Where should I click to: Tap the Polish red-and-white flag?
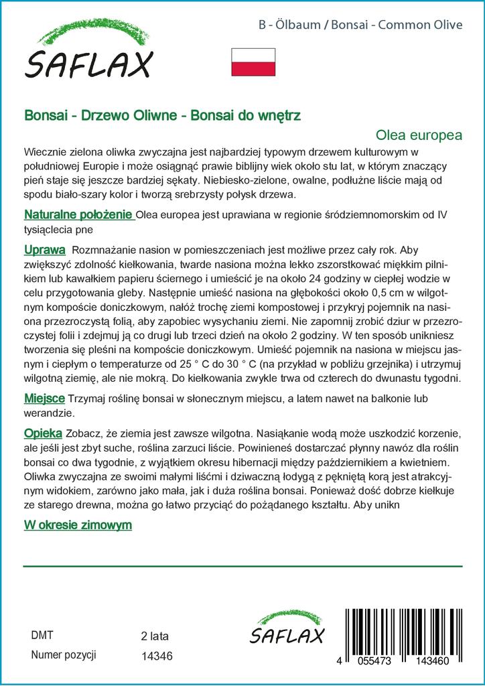tap(253, 62)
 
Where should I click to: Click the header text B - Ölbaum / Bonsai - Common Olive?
tap(360, 25)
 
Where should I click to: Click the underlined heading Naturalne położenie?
tap(78, 215)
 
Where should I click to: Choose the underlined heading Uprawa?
tap(44, 250)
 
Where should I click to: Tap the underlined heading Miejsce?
tap(44, 398)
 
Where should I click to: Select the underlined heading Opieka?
tap(43, 432)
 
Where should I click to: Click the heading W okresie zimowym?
tap(78, 525)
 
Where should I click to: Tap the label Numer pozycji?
tap(64, 655)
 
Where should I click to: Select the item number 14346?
tap(157, 656)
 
